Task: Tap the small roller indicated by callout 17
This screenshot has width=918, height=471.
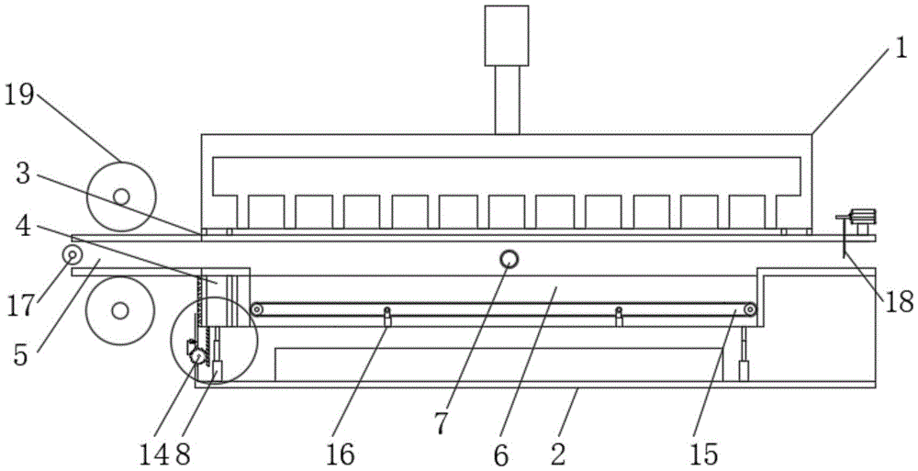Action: click(x=71, y=253)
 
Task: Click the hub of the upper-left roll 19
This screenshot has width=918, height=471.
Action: click(x=120, y=196)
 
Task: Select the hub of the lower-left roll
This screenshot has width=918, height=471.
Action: click(x=119, y=310)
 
